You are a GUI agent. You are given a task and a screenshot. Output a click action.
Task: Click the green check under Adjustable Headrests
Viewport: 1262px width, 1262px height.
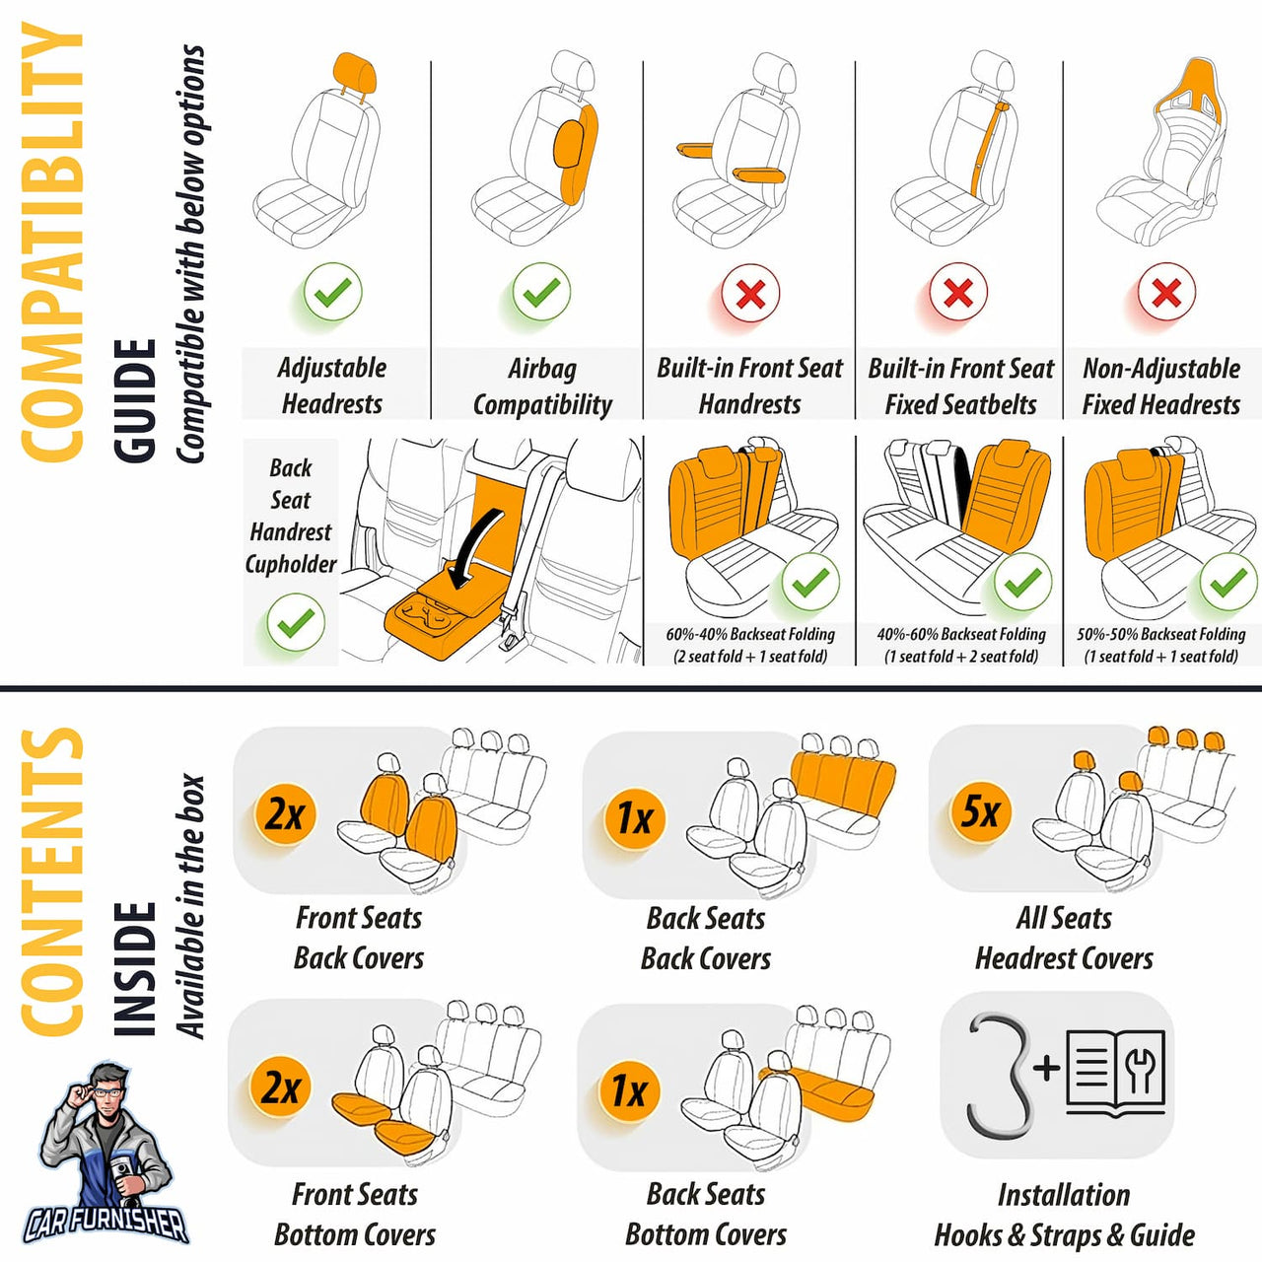pyautogui.click(x=332, y=292)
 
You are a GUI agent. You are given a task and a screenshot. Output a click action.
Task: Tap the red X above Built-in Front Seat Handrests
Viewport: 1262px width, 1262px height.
pyautogui.click(x=750, y=293)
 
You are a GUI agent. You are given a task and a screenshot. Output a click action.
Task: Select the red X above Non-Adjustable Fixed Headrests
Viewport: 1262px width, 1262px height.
pyautogui.click(x=1166, y=292)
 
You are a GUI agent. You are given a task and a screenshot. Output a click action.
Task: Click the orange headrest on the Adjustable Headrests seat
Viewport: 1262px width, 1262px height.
pyautogui.click(x=355, y=73)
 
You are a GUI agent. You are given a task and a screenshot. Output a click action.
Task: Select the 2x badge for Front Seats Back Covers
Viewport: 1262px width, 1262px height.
pyautogui.click(x=285, y=814)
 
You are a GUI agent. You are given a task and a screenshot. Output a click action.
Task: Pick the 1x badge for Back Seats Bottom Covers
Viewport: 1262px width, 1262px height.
pyautogui.click(x=629, y=1090)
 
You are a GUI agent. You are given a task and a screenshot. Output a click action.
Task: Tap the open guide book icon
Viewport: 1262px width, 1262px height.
pyautogui.click(x=1115, y=1073)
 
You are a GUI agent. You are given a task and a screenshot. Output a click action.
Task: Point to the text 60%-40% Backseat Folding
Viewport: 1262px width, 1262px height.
pyautogui.click(x=750, y=634)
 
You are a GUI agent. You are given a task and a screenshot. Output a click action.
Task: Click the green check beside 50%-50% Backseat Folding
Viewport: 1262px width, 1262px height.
pyautogui.click(x=1227, y=584)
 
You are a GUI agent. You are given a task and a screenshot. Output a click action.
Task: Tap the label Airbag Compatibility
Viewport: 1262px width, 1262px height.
pyautogui.click(x=541, y=386)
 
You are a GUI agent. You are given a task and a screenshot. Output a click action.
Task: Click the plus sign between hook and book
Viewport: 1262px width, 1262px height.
pyautogui.click(x=1046, y=1067)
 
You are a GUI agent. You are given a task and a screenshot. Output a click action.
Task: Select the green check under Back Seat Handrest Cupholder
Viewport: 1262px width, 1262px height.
pyautogui.click(x=295, y=622)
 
